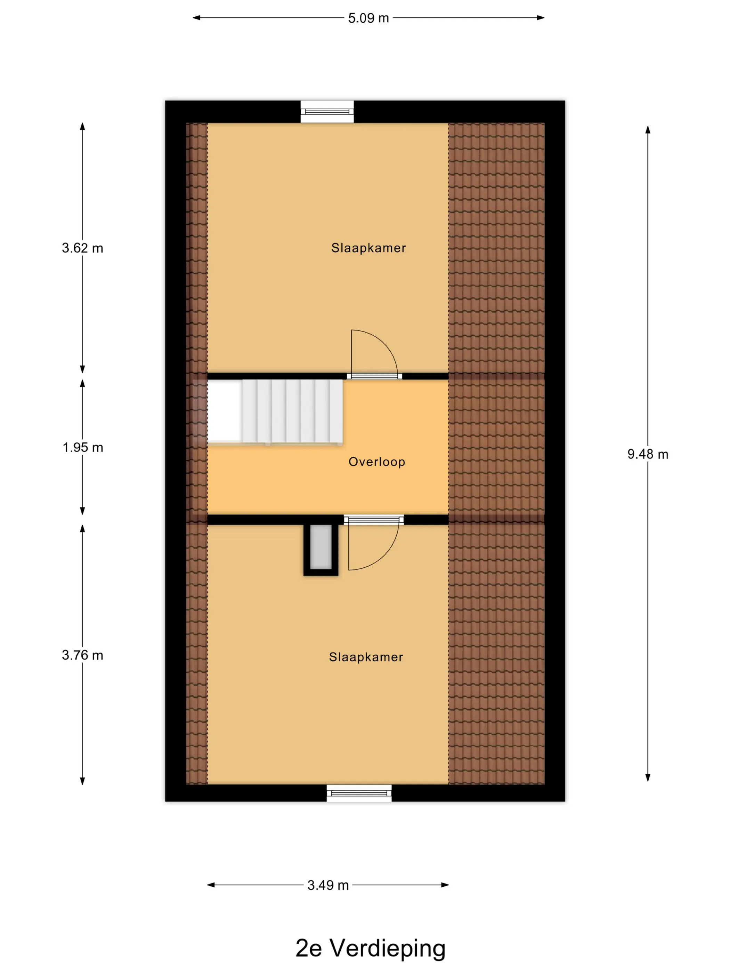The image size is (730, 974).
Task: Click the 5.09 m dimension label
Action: [368, 18]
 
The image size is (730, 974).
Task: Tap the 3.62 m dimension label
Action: [83, 248]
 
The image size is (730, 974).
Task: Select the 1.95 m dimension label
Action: [83, 447]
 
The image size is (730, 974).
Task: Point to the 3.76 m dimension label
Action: [83, 655]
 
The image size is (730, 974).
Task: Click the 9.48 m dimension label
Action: [648, 454]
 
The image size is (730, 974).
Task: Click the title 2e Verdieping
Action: [371, 949]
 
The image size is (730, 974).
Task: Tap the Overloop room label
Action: [377, 462]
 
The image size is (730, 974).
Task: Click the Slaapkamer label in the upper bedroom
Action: [368, 248]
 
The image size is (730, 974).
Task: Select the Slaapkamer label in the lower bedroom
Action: [366, 657]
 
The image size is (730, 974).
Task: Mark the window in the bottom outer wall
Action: [359, 793]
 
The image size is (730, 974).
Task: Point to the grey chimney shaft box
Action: [321, 547]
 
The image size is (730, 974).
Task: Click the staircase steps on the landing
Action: [292, 411]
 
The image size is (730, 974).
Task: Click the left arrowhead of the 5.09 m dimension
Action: [197, 18]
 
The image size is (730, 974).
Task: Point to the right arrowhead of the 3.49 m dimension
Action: [445, 885]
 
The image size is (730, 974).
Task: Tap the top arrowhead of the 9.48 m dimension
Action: [648, 130]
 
